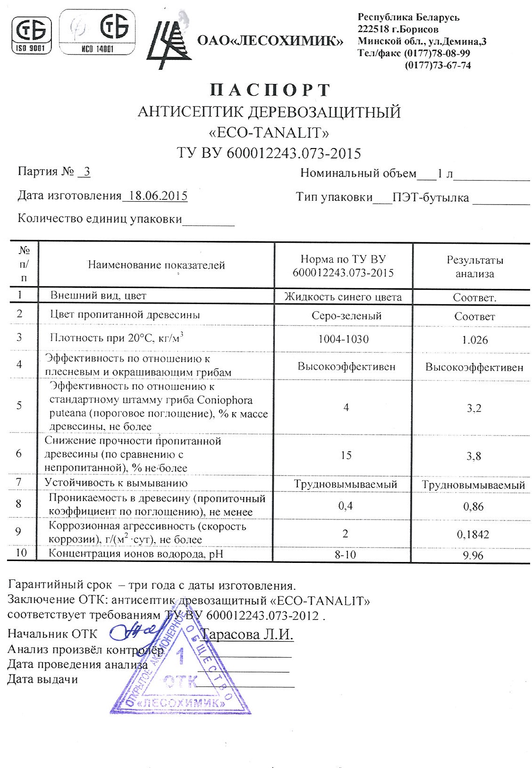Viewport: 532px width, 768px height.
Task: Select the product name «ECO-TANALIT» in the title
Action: coord(269,133)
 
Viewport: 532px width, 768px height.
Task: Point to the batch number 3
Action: coord(86,172)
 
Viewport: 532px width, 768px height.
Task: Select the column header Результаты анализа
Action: coord(474,266)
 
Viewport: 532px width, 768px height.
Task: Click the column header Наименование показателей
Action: coord(156,265)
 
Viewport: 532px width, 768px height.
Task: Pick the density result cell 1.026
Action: coord(474,340)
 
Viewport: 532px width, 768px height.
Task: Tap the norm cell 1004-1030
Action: coord(346,339)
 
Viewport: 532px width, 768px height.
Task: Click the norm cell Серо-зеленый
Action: coord(346,316)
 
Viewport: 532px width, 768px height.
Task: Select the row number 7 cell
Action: coord(19,482)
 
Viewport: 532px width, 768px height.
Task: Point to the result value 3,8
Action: coord(474,456)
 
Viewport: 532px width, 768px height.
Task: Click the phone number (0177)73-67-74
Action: coord(438,66)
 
